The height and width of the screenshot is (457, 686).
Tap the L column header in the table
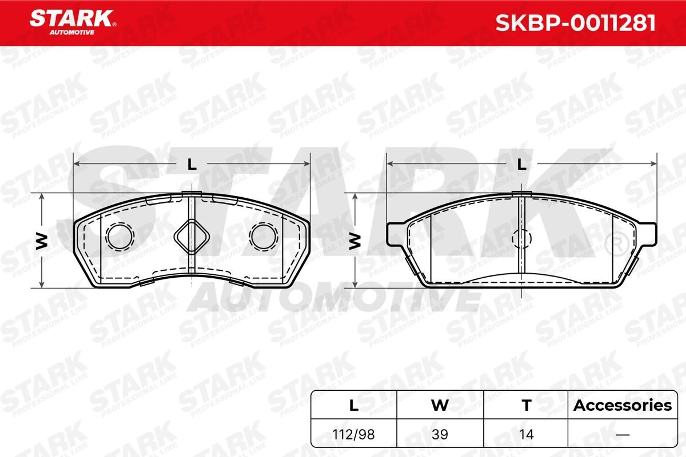354,405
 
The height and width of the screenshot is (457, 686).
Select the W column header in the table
440,405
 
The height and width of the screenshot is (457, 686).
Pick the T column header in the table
526,405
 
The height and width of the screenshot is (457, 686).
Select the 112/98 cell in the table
354,435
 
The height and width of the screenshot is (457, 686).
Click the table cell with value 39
440,435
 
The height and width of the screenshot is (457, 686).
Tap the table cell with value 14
526,435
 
